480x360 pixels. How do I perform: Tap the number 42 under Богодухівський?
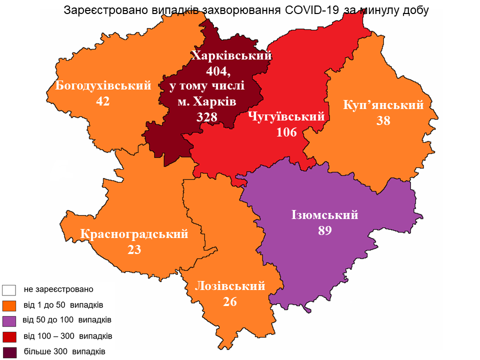(103, 101)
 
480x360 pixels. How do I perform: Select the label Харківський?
(231, 55)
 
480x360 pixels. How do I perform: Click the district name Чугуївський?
(286, 117)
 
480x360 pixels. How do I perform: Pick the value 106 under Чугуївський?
(286, 132)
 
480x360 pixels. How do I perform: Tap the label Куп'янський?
(383, 105)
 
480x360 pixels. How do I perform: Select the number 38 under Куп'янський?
(383, 120)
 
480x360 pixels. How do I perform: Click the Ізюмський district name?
(325, 215)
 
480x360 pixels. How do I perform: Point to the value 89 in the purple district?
(325, 230)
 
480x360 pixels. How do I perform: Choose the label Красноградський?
(134, 234)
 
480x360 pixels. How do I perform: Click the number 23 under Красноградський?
(134, 249)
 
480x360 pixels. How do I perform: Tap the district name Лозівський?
(229, 286)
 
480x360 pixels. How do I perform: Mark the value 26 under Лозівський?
(229, 301)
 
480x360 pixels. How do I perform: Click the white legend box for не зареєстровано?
(9, 290)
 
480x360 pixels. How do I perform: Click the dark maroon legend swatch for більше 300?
(9, 352)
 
